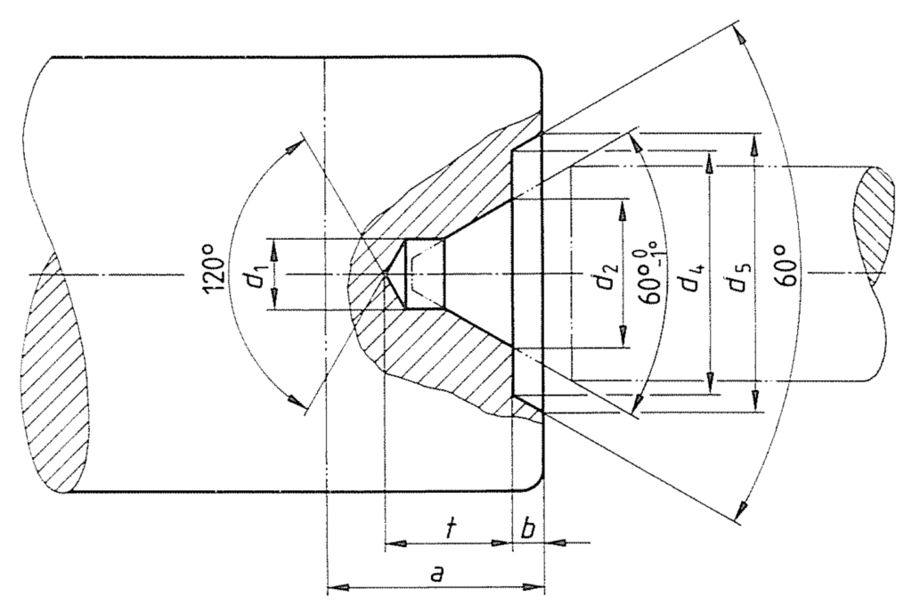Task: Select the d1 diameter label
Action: tap(256, 274)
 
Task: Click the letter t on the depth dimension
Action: tap(452, 529)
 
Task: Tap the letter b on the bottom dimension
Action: tap(528, 529)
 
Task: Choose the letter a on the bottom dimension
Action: tap(436, 575)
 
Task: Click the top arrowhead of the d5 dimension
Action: tap(755, 141)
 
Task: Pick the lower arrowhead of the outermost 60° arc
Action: tap(738, 511)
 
